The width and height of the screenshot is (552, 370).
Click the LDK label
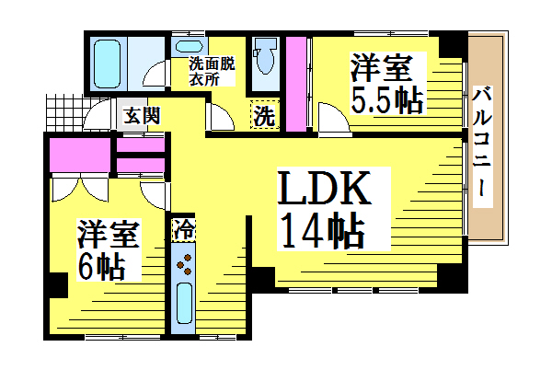tap(324, 188)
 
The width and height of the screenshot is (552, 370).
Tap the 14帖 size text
tap(322, 230)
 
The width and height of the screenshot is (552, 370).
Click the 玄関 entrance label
tap(142, 115)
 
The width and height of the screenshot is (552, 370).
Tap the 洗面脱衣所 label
tap(212, 72)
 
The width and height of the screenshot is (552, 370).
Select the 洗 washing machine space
tap(264, 114)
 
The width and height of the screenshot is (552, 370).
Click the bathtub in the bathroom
tap(108, 64)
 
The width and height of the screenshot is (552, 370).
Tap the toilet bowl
tap(266, 56)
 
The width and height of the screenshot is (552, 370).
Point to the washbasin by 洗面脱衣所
tap(189, 46)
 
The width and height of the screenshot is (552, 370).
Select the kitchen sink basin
tap(184, 304)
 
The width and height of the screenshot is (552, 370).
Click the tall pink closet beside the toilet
tap(296, 84)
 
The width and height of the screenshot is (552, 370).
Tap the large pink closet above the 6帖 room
tap(80, 156)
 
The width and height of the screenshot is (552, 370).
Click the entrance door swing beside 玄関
tap(98, 114)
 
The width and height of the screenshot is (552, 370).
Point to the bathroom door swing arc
tap(154, 74)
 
